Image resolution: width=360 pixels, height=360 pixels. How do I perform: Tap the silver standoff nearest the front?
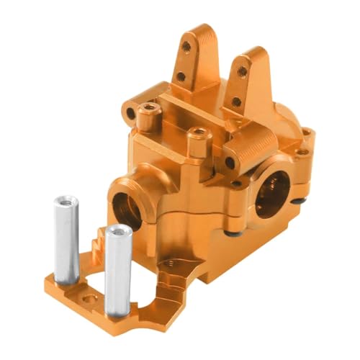click(x=118, y=270)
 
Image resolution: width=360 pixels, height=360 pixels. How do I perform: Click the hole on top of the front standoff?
click(x=118, y=232)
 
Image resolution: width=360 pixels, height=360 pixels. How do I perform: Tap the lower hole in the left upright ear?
click(x=181, y=76)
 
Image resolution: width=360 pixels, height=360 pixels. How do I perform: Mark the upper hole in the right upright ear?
click(x=242, y=71)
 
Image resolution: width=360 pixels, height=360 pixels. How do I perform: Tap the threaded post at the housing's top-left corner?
click(x=149, y=109)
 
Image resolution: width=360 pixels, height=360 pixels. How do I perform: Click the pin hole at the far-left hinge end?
click(x=130, y=114)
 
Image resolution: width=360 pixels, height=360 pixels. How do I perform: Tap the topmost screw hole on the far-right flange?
click(x=307, y=132)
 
